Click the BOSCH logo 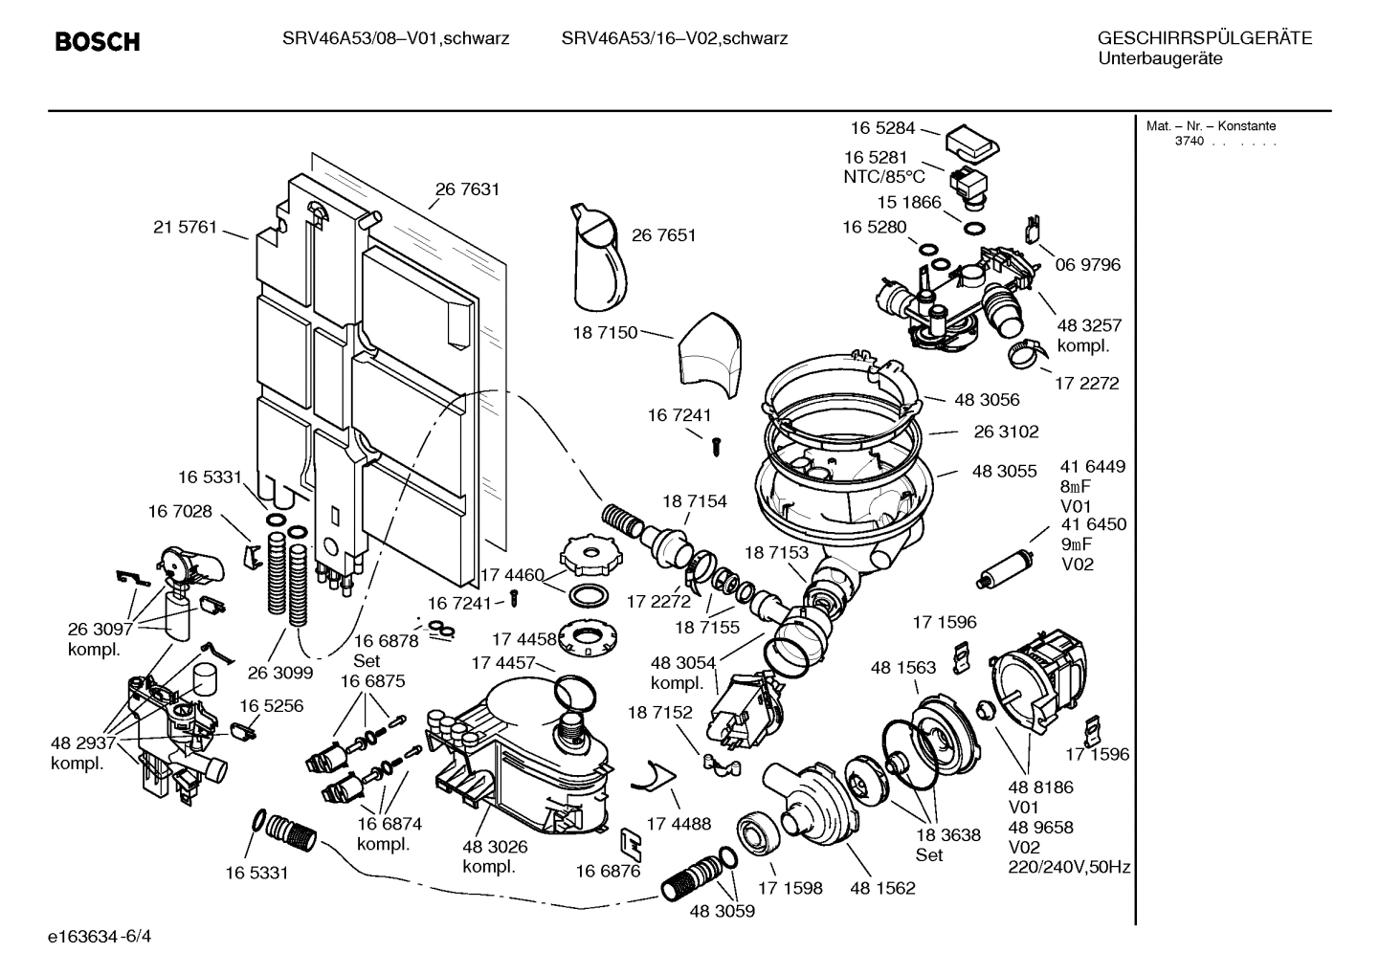pos(98,42)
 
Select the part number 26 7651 pos(663,235)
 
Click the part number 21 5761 pos(185,228)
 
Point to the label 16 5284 pos(882,128)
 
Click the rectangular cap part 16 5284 pos(972,144)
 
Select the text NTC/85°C pos(883,177)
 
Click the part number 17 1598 pos(790,888)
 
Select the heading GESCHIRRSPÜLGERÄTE pos(1204,39)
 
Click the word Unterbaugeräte pos(1159,59)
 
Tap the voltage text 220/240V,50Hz pos(1069,868)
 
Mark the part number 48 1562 pos(882,888)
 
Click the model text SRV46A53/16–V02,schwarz pos(674,39)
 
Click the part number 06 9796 pos(1087,264)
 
